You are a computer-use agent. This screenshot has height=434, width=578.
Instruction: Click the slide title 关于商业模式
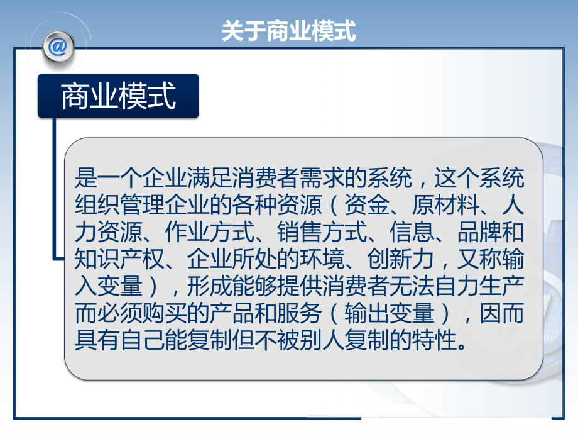point(288,30)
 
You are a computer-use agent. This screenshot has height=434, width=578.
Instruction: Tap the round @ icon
point(57,47)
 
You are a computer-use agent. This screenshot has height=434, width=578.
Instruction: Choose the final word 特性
point(432,342)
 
